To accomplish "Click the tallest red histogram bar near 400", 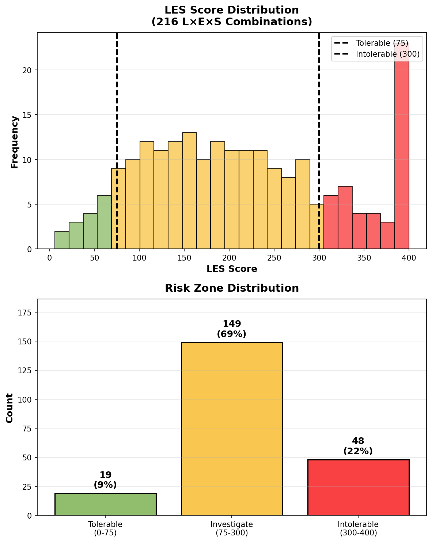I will (x=402, y=154).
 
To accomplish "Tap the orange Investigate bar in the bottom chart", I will (x=232, y=429).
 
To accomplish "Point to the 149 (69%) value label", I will (x=232, y=329).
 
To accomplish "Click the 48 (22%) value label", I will (x=358, y=446).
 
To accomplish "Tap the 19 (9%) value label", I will (x=106, y=480).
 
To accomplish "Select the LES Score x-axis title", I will (x=232, y=269).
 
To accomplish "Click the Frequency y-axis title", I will (x=15, y=142).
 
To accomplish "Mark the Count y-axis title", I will (x=10, y=408).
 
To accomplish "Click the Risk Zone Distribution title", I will (x=232, y=288).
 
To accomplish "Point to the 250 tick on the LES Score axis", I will (x=274, y=258).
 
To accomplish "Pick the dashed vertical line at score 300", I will (x=319, y=110).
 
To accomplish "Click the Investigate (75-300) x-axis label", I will (x=232, y=528).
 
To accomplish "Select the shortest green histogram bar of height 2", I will (x=62, y=240).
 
